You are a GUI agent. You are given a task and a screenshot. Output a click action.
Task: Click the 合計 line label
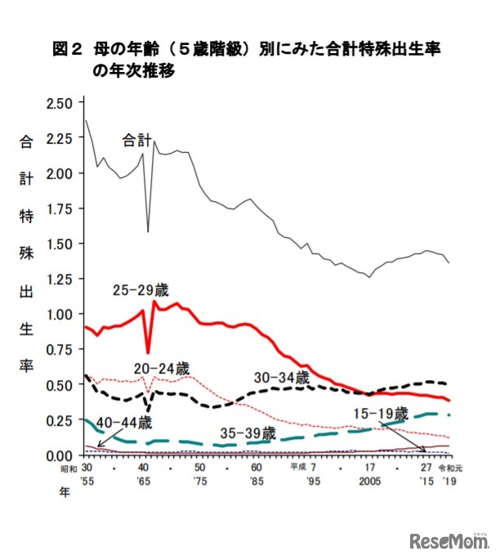[136, 140]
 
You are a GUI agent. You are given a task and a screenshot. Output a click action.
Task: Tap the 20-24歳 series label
[163, 368]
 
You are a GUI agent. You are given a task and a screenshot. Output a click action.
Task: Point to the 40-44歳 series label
[125, 423]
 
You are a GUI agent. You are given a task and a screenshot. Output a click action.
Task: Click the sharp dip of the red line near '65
[148, 352]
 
